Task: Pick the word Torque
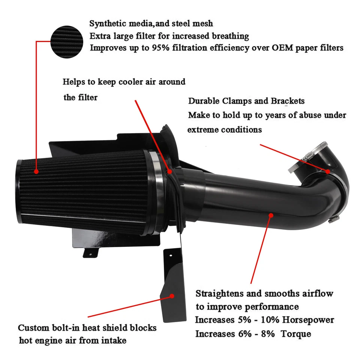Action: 297,333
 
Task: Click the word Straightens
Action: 220,293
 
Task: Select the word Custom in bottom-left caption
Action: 32,327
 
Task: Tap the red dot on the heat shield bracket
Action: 172,295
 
